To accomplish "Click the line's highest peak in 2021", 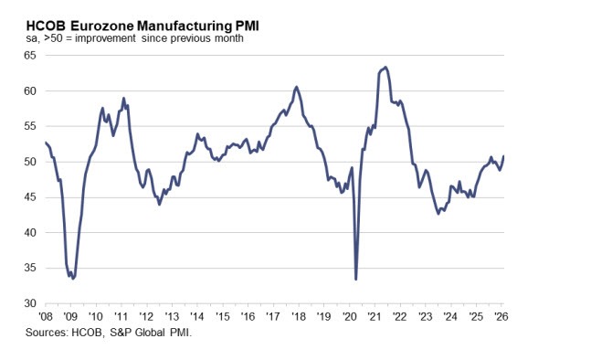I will click(385, 67).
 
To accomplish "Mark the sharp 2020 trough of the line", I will click(355, 279).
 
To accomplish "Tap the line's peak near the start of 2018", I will click(296, 87).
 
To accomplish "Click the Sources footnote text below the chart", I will click(121, 334).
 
